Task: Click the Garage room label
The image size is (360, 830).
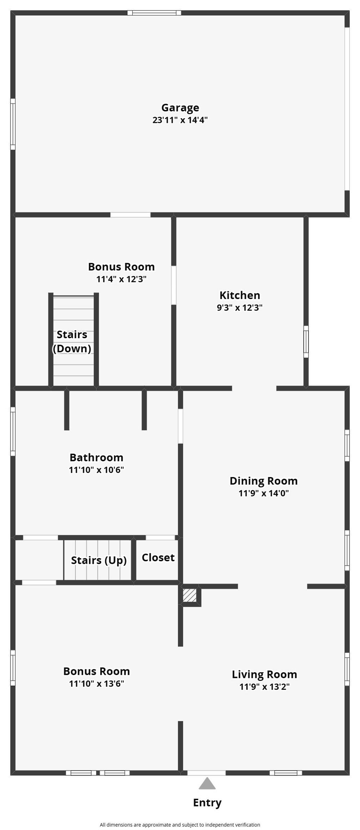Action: coord(180,108)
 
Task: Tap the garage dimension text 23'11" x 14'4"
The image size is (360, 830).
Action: coord(180,120)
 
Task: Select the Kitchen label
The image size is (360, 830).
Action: coord(240,295)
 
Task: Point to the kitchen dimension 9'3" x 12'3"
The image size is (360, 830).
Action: coord(240,307)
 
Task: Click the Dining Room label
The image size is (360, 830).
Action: coord(264,481)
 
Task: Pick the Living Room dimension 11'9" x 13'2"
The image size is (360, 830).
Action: coord(265,686)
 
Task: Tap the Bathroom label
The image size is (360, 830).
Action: coord(97,457)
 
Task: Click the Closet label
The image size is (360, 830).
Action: coord(158,557)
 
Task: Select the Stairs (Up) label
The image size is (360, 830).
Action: coord(99,560)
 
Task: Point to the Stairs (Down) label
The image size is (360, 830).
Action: coord(72,341)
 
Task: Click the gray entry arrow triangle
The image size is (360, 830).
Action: coord(207,783)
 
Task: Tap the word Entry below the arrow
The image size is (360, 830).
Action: coord(207,802)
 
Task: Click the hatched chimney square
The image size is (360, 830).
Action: coord(190,595)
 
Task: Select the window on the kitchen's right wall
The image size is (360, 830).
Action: coord(306,342)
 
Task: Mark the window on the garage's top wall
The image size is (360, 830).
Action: coord(154,13)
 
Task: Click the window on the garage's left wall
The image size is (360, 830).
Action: coord(13,124)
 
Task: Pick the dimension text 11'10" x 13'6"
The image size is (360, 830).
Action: coord(97,683)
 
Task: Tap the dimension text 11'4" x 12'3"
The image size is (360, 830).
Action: coord(121,279)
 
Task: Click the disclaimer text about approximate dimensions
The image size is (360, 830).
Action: coord(180,825)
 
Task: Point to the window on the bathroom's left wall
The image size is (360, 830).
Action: coord(13,431)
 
